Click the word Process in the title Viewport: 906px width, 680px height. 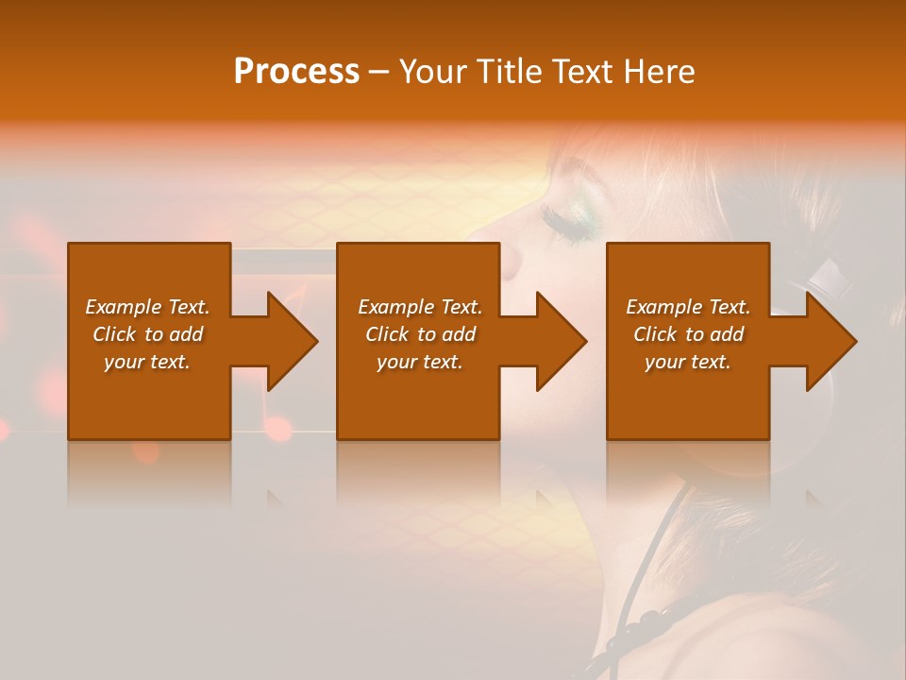tap(296, 72)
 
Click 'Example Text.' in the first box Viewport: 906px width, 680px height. tap(147, 307)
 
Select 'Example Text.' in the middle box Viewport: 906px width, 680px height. tap(420, 307)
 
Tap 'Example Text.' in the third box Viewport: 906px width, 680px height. tap(688, 307)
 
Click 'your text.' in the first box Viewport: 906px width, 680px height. tap(147, 362)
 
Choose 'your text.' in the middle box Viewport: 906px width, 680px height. tap(420, 362)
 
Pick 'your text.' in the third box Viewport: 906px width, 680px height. tap(688, 362)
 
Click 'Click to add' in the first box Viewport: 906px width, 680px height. tap(147, 334)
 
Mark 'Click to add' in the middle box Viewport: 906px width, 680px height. tap(420, 334)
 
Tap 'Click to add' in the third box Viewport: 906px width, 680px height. tap(688, 334)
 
